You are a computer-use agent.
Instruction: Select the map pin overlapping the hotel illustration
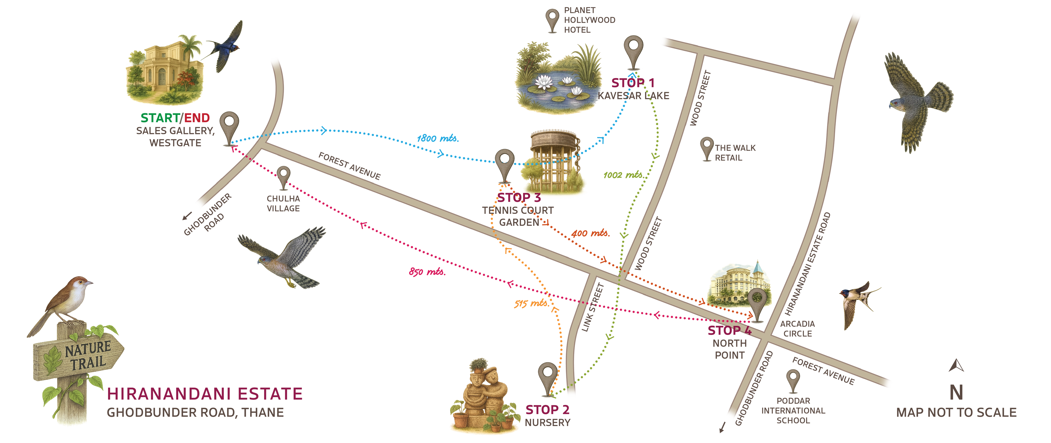pyautogui.click(x=757, y=302)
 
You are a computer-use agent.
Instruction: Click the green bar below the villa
pyautogui.click(x=160, y=117)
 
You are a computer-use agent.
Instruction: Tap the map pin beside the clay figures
pyautogui.click(x=547, y=377)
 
